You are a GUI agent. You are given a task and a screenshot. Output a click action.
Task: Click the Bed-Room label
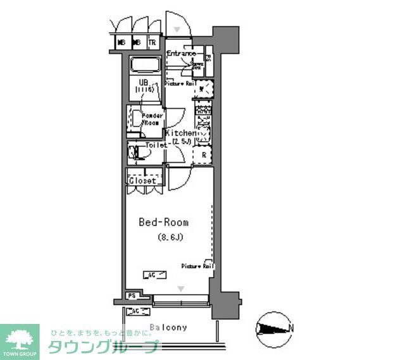(164, 223)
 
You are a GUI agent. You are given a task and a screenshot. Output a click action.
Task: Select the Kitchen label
(180, 133)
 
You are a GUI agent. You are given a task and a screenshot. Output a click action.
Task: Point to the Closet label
(142, 181)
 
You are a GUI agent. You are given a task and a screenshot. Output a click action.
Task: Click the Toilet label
(156, 145)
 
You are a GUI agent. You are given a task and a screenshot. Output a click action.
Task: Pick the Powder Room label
(152, 119)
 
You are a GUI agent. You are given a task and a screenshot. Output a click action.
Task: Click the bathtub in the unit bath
(146, 66)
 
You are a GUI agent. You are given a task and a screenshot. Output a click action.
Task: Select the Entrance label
(182, 54)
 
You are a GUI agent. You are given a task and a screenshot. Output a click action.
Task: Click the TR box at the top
(152, 43)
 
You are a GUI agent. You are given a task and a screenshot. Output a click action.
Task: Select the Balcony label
(168, 327)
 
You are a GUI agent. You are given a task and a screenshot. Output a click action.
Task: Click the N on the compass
(290, 328)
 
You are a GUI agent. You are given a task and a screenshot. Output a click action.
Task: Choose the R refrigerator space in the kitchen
(204, 154)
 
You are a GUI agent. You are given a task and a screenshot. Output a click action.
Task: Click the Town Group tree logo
(20, 337)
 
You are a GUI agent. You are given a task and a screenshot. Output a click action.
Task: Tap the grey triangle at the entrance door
(178, 29)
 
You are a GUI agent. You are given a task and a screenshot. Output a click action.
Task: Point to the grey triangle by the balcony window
(182, 289)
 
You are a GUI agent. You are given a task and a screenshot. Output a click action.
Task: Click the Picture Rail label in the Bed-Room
(197, 266)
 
